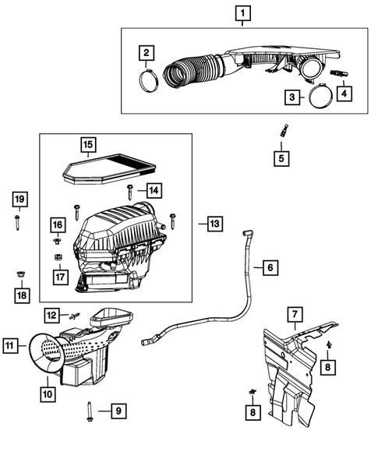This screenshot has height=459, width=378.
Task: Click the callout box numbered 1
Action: pos(243,13)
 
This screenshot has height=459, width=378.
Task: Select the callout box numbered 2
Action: pos(146,53)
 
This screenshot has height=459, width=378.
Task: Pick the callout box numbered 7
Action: pos(295,316)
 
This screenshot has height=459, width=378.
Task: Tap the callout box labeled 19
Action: pos(19,200)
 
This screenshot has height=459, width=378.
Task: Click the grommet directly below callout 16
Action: pos(57,240)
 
